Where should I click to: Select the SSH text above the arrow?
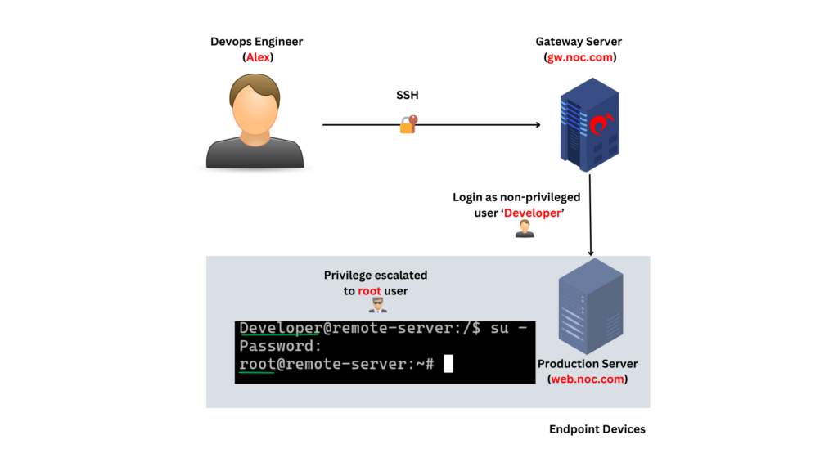[407, 96]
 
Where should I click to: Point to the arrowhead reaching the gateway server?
[537, 125]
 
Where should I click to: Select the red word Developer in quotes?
[532, 213]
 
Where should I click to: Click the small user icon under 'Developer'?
[525, 230]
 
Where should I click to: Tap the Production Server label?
[588, 364]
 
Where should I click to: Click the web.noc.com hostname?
[588, 379]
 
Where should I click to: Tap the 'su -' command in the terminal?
[507, 328]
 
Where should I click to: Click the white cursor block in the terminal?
[448, 365]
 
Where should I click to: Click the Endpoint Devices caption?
[597, 429]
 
